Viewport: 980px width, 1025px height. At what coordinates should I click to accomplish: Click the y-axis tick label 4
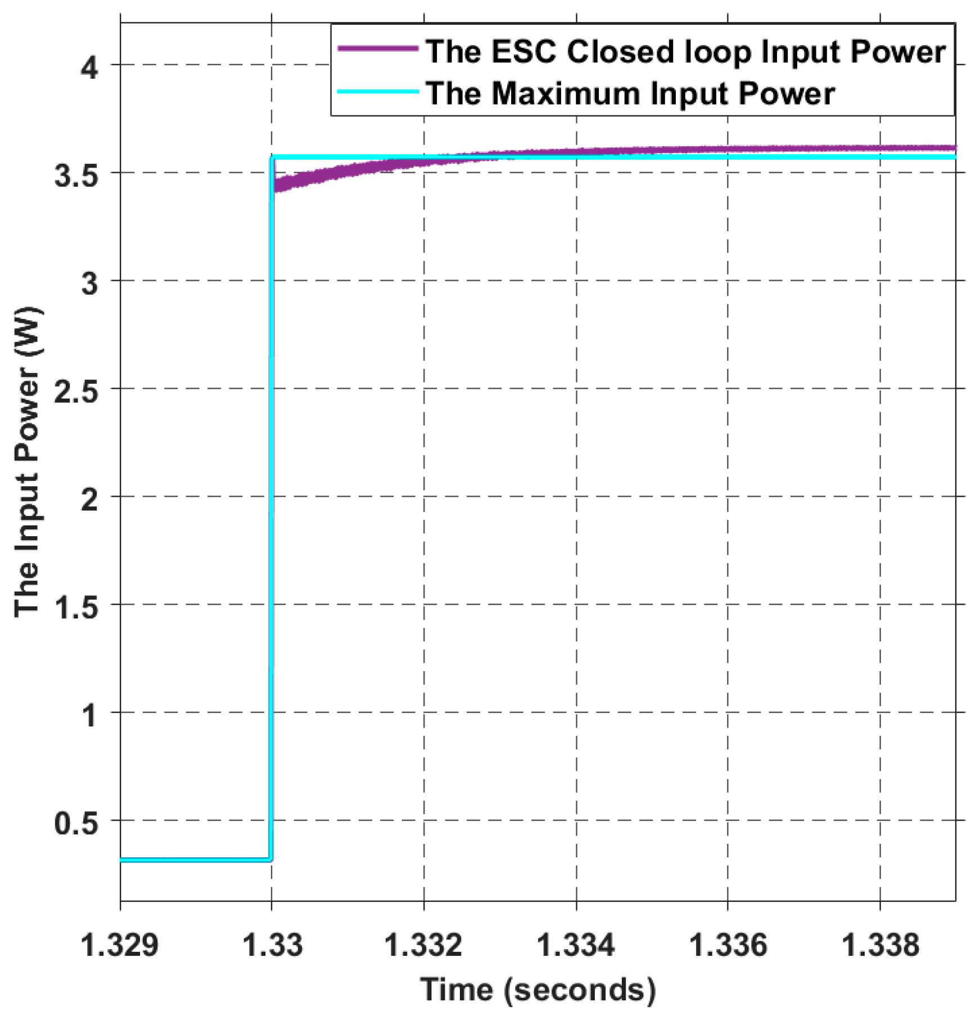click(89, 68)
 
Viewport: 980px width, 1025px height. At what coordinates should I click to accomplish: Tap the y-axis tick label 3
click(89, 284)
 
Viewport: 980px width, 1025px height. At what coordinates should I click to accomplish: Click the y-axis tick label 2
click(89, 500)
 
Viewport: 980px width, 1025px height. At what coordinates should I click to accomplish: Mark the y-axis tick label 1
click(89, 716)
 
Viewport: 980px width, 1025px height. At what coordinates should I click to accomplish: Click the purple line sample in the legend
click(378, 49)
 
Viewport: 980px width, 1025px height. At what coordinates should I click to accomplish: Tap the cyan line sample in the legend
click(378, 92)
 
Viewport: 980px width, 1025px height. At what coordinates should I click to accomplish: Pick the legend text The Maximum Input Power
click(630, 93)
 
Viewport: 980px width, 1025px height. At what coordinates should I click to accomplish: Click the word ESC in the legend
click(526, 52)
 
